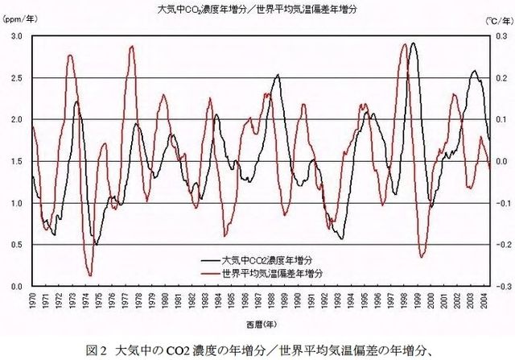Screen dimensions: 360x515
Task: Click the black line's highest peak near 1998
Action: [413, 43]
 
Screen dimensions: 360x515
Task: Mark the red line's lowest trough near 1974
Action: [91, 275]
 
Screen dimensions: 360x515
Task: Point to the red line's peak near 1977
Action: [132, 47]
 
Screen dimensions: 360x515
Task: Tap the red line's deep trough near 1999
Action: [422, 257]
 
